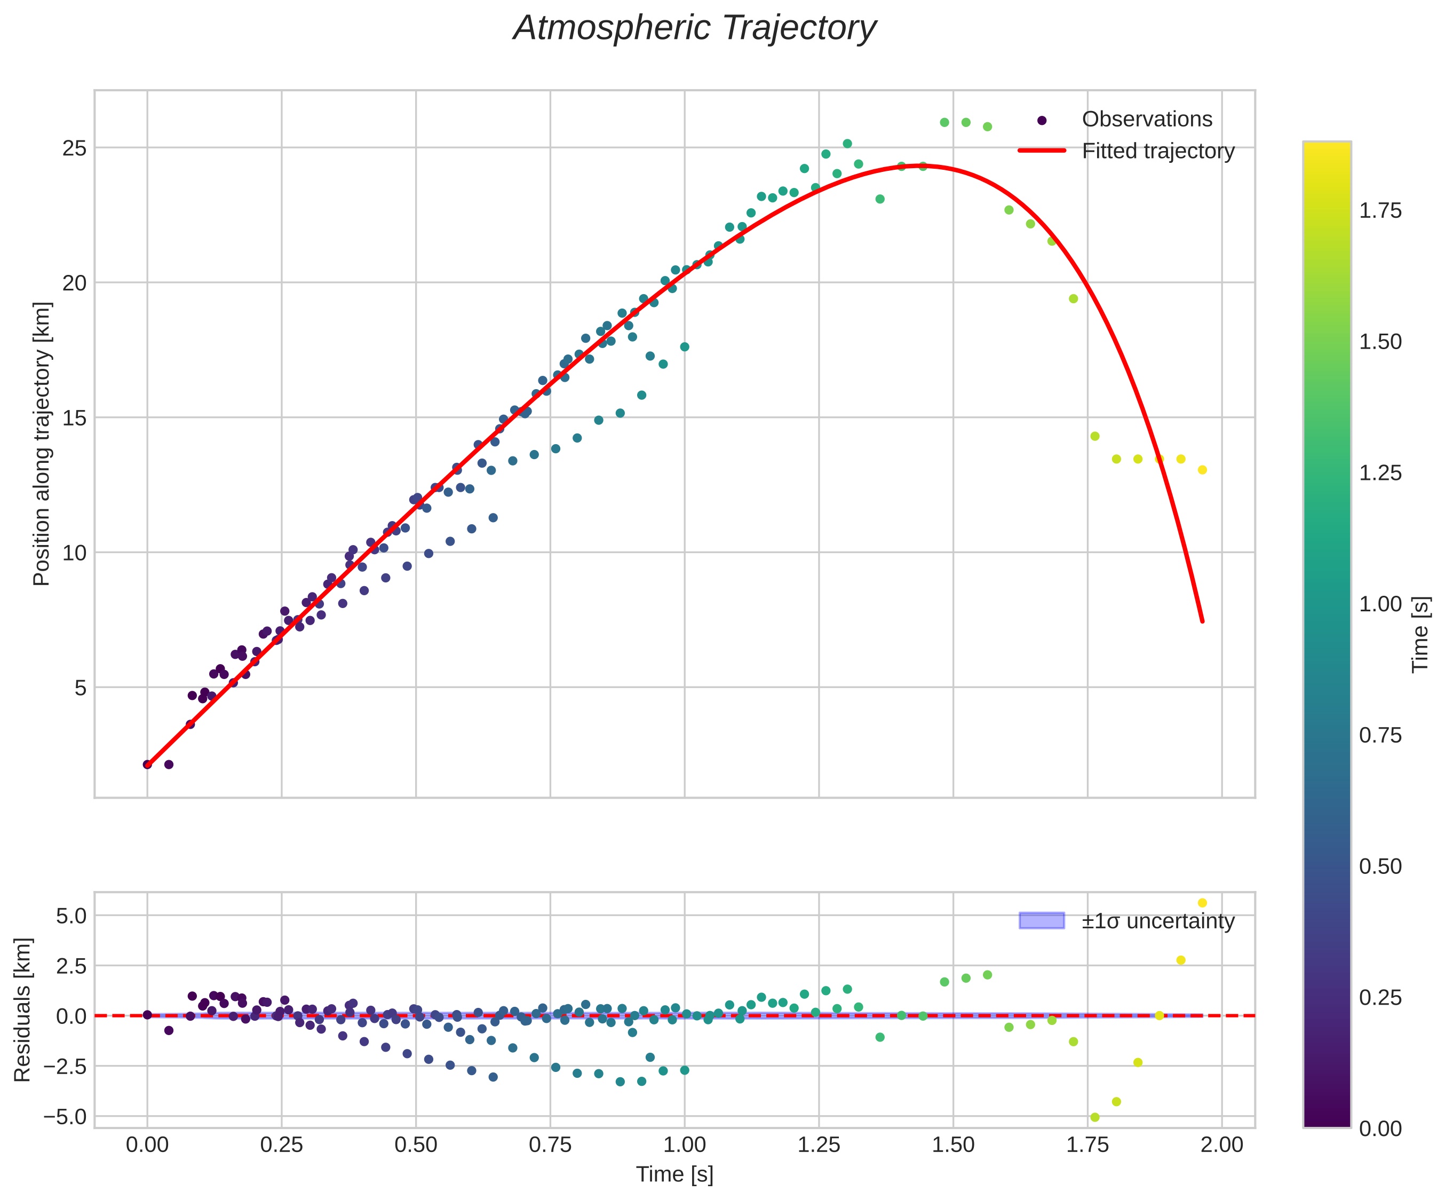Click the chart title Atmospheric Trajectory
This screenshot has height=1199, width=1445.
click(x=694, y=29)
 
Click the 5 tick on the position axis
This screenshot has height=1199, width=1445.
click(x=81, y=688)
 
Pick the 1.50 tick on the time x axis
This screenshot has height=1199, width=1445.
click(x=953, y=1145)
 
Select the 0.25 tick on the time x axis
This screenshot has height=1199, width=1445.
click(x=281, y=1145)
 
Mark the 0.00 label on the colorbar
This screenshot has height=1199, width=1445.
click(x=1379, y=1129)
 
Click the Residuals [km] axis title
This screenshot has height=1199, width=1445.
click(x=23, y=1009)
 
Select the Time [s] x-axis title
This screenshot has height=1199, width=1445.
click(x=674, y=1174)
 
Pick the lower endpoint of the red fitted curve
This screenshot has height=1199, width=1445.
click(x=1202, y=621)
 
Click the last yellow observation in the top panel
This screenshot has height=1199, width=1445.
click(x=1202, y=470)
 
